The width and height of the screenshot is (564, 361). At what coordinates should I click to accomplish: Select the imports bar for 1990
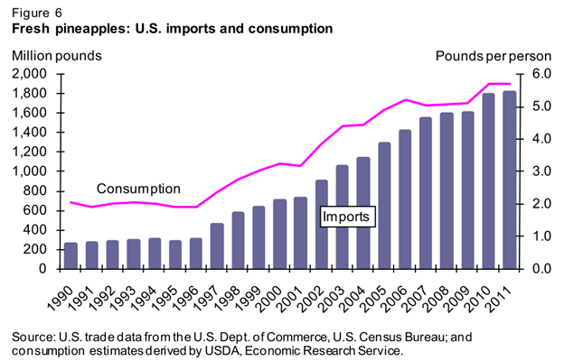click(x=70, y=255)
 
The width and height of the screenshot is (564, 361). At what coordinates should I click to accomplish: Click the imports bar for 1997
click(x=217, y=245)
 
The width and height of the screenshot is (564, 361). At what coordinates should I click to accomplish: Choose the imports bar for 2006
click(x=405, y=199)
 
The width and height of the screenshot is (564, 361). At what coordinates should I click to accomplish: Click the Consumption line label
click(x=138, y=189)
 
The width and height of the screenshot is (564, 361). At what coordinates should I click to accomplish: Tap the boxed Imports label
click(x=348, y=217)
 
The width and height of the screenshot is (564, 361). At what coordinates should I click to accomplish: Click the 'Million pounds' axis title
click(x=56, y=56)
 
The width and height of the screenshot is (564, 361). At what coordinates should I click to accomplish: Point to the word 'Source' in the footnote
click(x=33, y=337)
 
